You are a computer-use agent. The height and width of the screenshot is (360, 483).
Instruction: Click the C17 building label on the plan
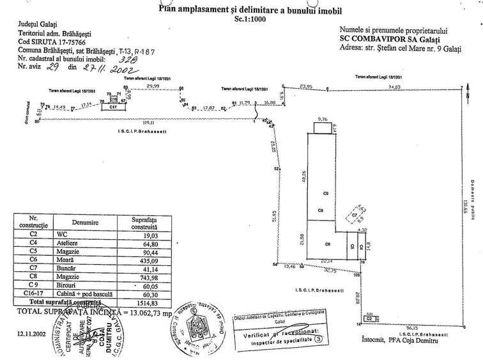pyautogui.click(x=112, y=108)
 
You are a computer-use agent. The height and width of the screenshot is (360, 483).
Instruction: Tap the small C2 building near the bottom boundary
pyautogui.click(x=369, y=317)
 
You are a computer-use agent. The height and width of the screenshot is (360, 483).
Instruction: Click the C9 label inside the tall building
pyautogui.click(x=325, y=192)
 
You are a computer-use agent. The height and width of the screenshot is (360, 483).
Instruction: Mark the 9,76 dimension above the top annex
pyautogui.click(x=323, y=118)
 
